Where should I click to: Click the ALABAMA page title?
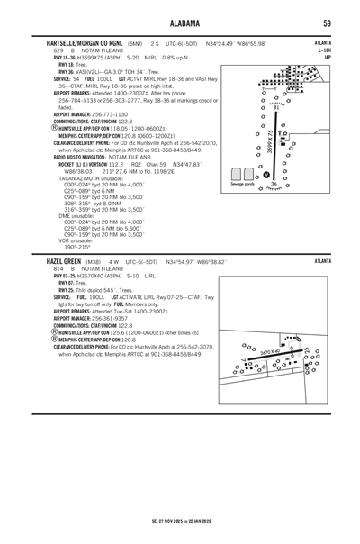coord(180,23)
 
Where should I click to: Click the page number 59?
coord(327,23)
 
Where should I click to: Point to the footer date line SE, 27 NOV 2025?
coord(180,521)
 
